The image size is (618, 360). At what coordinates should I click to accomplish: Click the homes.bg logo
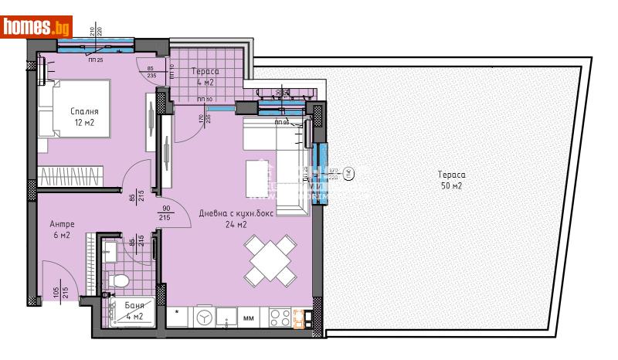coord(37,27)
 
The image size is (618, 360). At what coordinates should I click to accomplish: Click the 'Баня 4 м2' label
coord(134,311)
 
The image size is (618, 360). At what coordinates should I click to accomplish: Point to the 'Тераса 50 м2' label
coord(448,180)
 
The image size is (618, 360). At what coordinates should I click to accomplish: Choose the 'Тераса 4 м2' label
coord(205,76)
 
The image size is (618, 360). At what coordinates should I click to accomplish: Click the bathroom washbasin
coord(110,249)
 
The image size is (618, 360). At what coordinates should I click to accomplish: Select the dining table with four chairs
coord(270,260)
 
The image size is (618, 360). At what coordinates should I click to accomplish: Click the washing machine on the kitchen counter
coord(204,317)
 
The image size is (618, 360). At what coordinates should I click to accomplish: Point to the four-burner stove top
coord(279,317)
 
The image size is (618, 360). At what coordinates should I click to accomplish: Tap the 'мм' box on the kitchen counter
coord(250,318)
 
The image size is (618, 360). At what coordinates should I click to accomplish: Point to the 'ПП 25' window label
coord(97,60)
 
